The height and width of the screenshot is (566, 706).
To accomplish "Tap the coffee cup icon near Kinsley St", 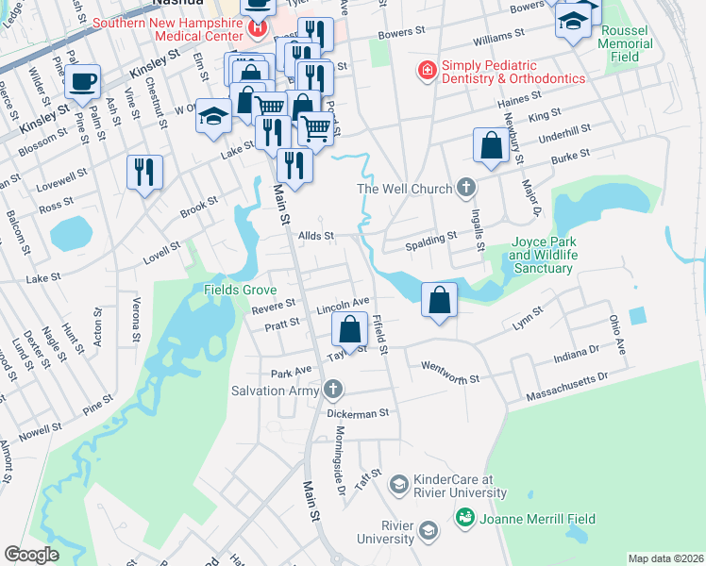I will coord(83,80).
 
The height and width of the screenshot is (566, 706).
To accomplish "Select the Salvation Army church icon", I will coord(331,390).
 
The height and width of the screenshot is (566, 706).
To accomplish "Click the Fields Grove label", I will coord(240,290).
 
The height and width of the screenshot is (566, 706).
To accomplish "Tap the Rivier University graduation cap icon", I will coord(429,531).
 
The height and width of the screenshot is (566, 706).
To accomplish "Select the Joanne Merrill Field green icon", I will coord(463,518).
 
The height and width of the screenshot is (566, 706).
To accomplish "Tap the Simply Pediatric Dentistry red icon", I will coord(427,70).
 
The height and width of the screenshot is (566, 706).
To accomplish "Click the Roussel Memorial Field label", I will coord(625,43).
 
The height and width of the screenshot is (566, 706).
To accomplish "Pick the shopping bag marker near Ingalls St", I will coord(491,146).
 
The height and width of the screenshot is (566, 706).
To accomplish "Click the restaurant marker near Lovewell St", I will coord(144,173).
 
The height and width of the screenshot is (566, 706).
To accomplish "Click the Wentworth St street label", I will coord(451,372).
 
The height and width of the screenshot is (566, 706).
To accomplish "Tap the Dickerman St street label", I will coord(358,413).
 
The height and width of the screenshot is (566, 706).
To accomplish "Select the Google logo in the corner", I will coord(32,554).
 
